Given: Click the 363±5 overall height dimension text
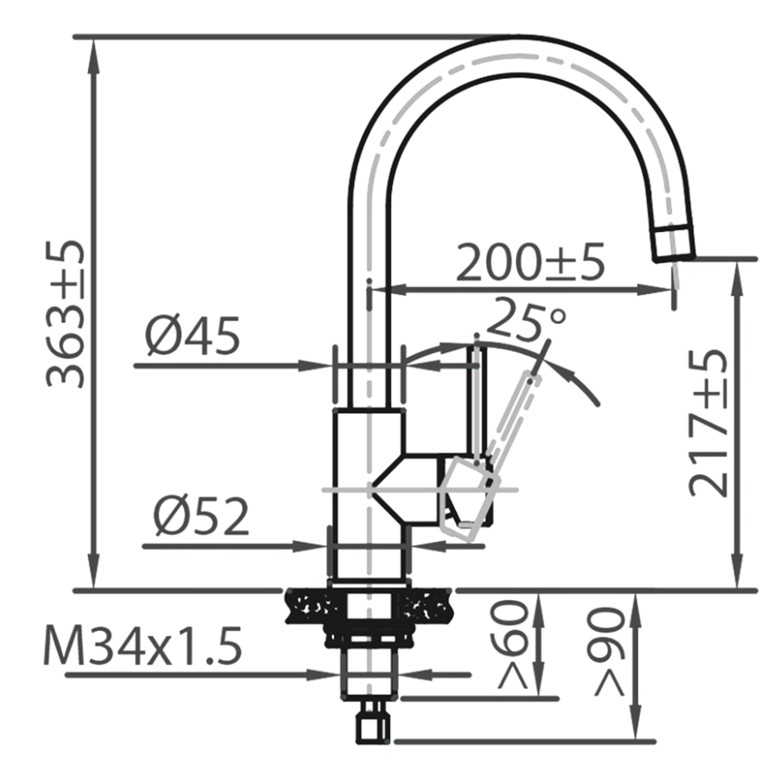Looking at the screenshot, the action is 65,313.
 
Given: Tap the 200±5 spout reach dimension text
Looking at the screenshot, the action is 530,261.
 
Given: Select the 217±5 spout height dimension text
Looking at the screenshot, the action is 708,423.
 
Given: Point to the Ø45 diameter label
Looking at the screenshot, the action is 193,336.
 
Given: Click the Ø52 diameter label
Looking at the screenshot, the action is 202,516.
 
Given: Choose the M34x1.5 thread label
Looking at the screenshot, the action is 143,646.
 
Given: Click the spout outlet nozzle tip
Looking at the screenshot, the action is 674,243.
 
